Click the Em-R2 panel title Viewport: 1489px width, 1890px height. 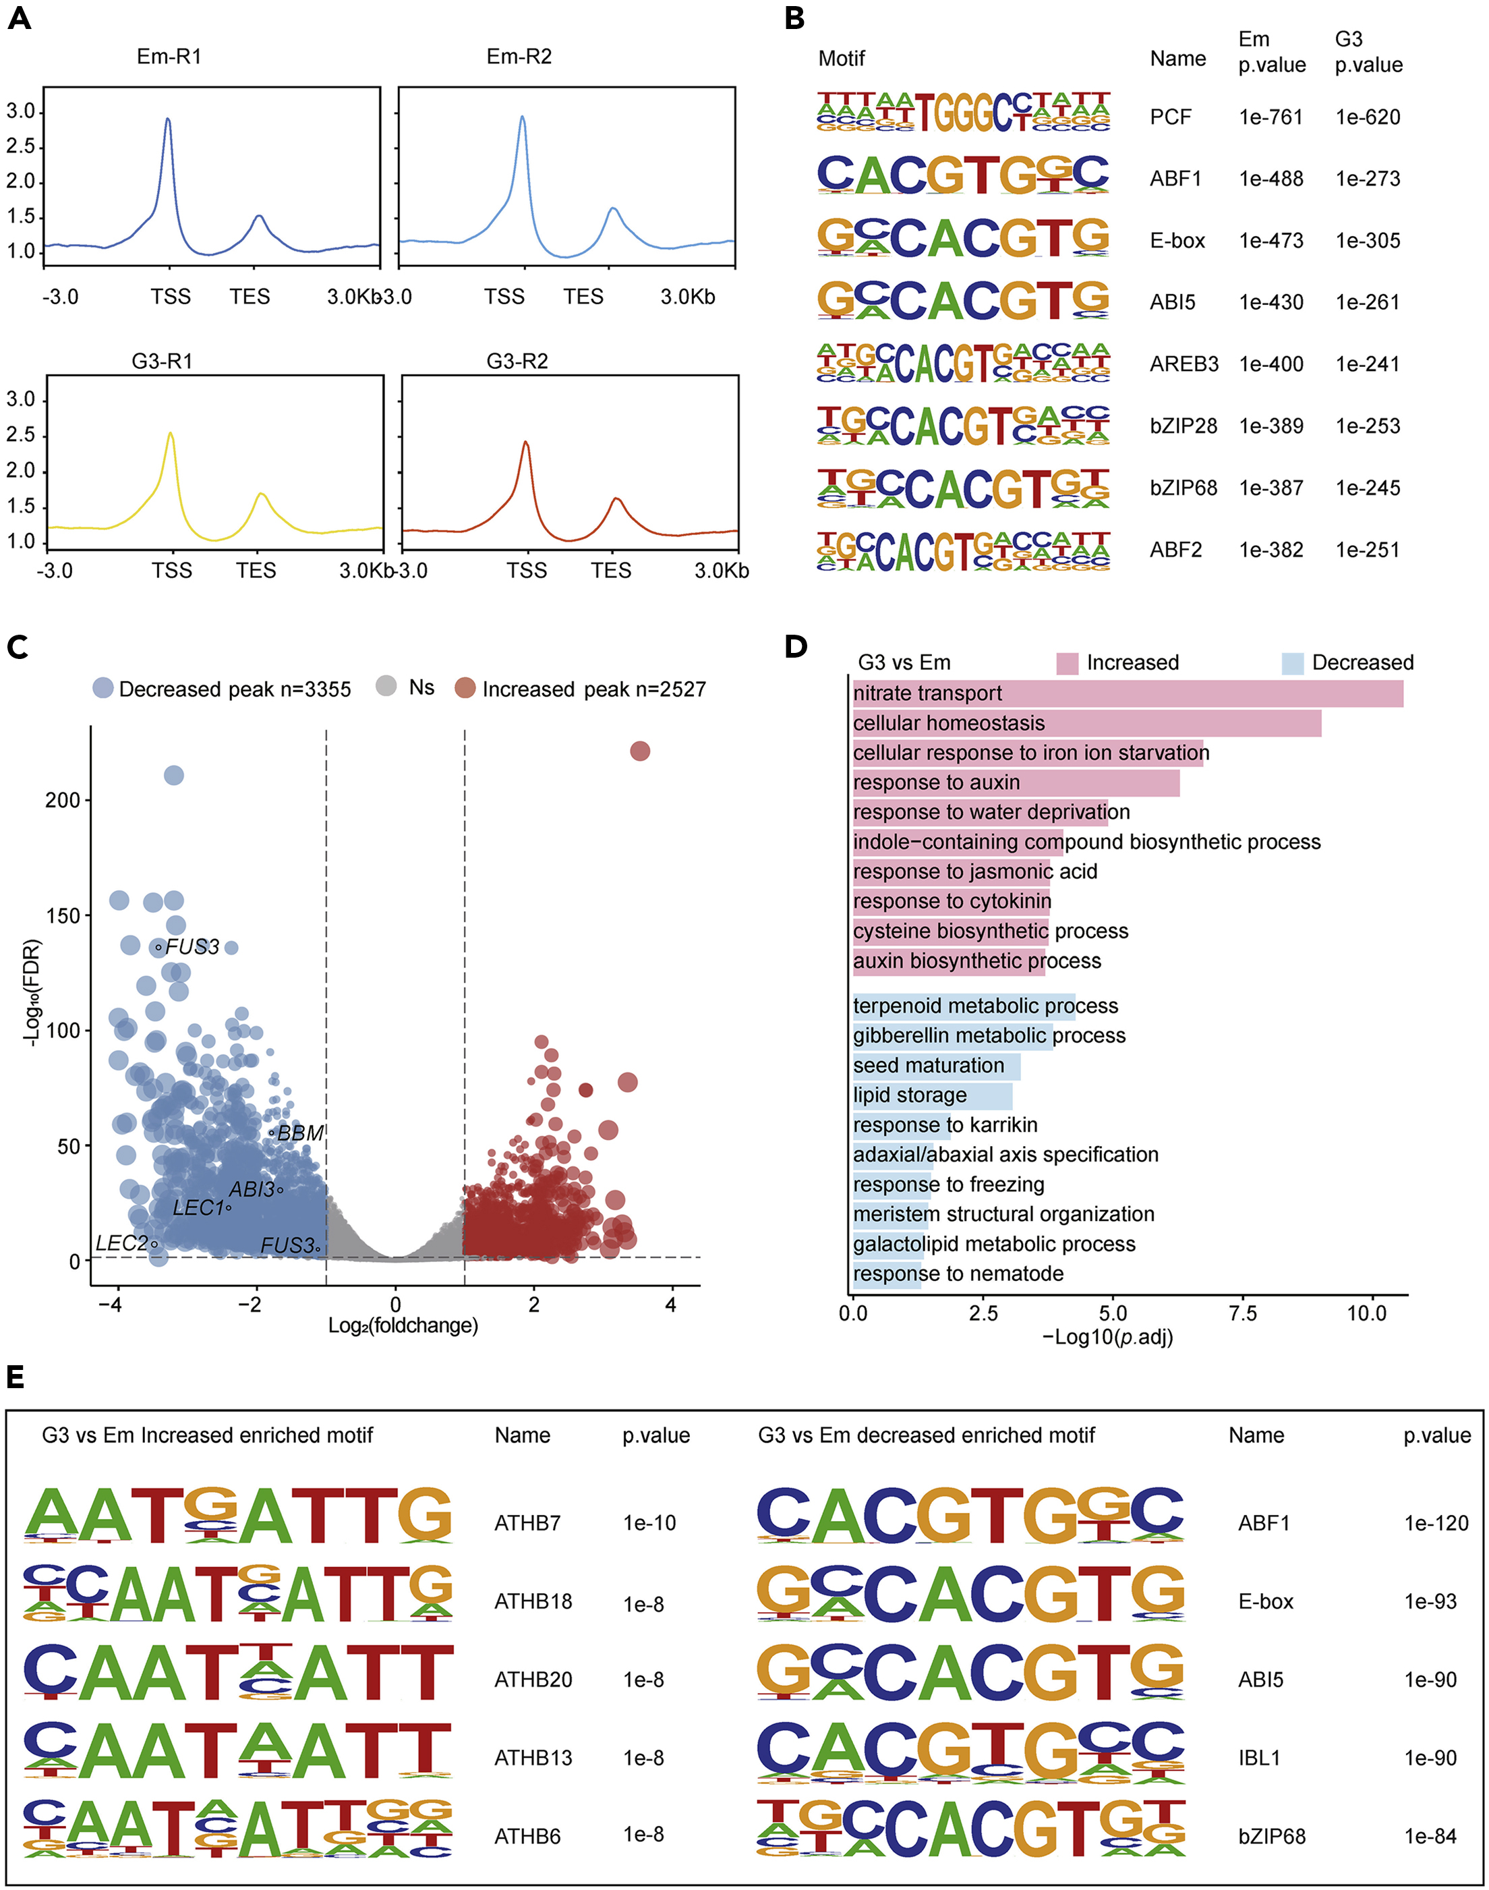click(x=519, y=57)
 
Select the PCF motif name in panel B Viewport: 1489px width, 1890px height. click(x=1170, y=117)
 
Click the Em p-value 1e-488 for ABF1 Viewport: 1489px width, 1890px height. click(x=1271, y=179)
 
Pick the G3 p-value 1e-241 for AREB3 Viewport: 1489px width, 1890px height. click(x=1367, y=364)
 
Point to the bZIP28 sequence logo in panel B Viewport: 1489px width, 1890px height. click(x=963, y=426)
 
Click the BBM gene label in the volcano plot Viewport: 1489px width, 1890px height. click(x=300, y=1133)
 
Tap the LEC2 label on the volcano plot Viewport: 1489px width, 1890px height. click(x=121, y=1243)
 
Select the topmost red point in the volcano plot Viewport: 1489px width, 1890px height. click(x=640, y=751)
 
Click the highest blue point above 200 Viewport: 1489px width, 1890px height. click(x=175, y=775)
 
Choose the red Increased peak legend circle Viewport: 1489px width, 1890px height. click(x=465, y=689)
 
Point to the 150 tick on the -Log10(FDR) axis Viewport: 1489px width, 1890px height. click(x=63, y=915)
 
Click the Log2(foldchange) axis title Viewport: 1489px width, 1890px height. click(x=403, y=1326)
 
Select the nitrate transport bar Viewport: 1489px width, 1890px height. click(x=1128, y=694)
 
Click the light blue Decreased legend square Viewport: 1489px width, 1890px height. click(x=1292, y=664)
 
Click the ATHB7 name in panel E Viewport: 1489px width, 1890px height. click(x=527, y=1523)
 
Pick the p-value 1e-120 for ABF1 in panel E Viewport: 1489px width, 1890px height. click(x=1436, y=1523)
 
